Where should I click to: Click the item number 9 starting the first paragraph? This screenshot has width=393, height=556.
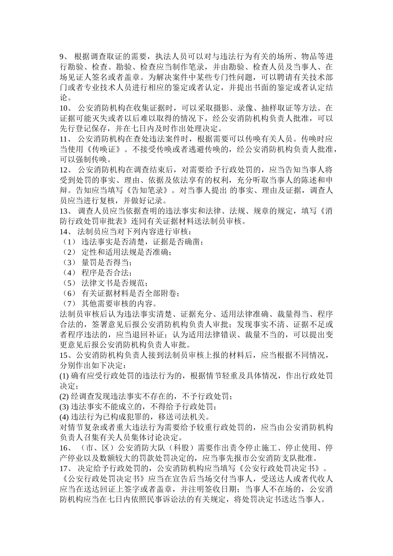tap(63, 57)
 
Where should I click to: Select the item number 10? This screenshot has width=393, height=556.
tap(65, 108)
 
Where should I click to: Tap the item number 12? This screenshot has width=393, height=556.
tap(65, 170)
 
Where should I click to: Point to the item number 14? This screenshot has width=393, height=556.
tap(65, 232)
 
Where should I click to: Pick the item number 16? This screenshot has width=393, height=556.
tap(65, 448)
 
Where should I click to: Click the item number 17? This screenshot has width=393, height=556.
tap(65, 469)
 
